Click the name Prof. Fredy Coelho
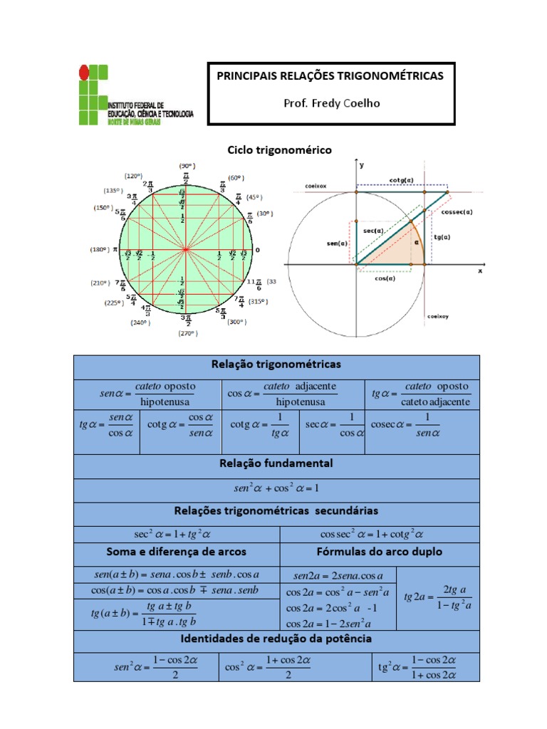(x=331, y=103)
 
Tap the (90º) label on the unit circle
(x=187, y=165)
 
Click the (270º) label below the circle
(x=187, y=332)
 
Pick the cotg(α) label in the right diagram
(x=402, y=180)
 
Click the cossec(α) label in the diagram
(x=457, y=211)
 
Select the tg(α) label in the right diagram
(x=442, y=236)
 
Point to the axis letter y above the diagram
(x=362, y=164)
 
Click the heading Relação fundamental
(x=276, y=463)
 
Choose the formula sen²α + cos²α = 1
(x=276, y=488)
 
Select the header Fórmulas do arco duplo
(x=379, y=552)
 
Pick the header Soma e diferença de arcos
(x=176, y=552)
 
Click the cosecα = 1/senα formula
(x=405, y=425)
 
